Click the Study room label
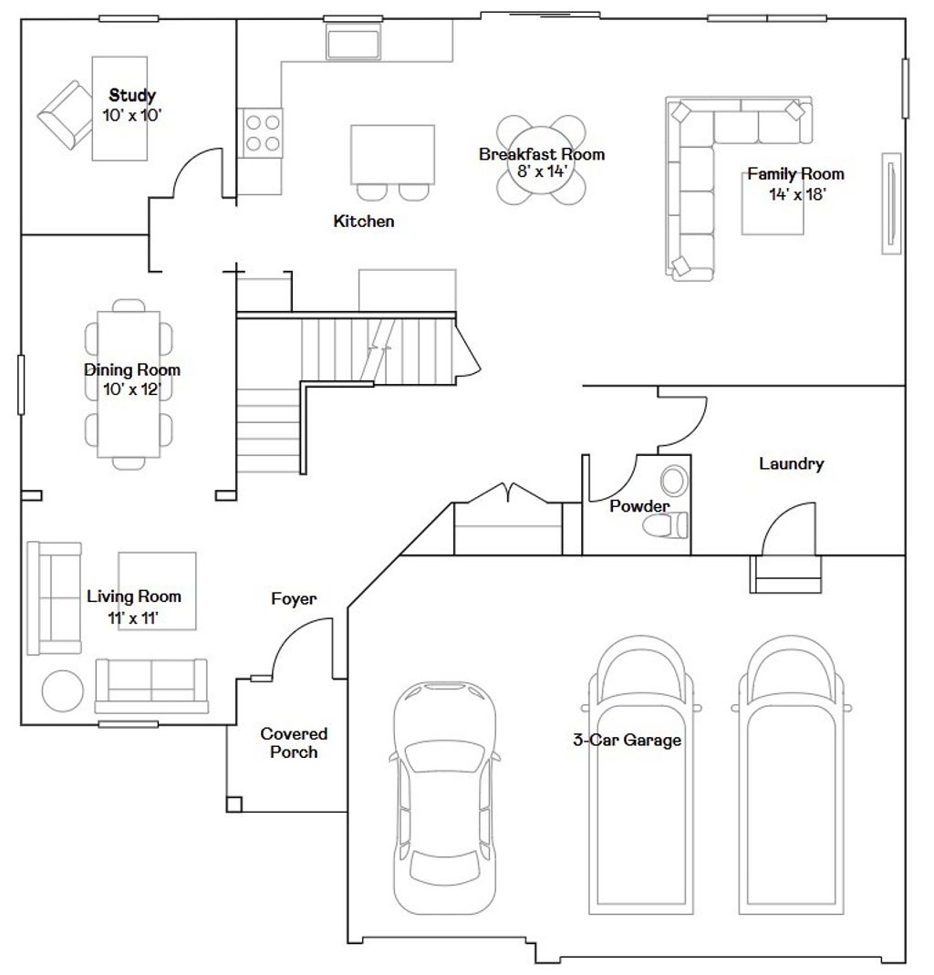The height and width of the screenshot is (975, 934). [x=132, y=95]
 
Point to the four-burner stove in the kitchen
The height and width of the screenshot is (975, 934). [x=261, y=132]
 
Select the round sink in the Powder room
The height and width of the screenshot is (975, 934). [x=675, y=480]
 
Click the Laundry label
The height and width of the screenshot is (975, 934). [x=791, y=464]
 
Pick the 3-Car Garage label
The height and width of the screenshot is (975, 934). [x=627, y=740]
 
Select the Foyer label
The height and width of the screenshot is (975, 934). [x=294, y=599]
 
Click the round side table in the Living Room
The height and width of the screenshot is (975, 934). [x=63, y=690]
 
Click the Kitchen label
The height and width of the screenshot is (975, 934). [x=363, y=221]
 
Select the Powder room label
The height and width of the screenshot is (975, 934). [x=639, y=506]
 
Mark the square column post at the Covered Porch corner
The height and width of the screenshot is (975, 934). [x=234, y=804]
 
